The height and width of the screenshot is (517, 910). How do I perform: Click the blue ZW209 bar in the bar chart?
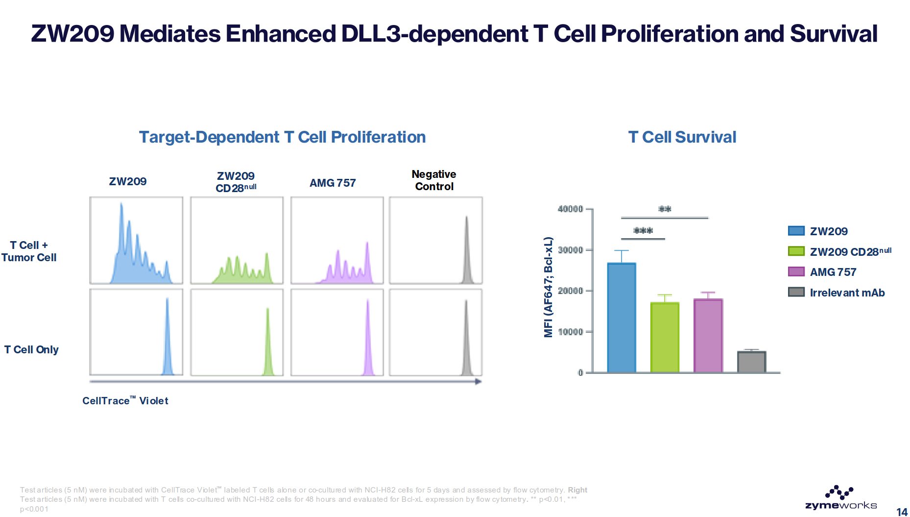click(622, 318)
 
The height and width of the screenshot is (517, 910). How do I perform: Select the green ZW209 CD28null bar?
click(665, 338)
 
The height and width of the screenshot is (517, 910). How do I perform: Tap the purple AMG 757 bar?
click(708, 336)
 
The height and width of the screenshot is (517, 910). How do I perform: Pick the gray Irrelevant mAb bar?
click(751, 362)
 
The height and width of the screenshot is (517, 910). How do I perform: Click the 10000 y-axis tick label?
click(570, 332)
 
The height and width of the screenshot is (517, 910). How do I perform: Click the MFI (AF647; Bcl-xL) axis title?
click(549, 287)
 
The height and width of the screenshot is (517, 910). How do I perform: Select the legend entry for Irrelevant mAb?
click(837, 293)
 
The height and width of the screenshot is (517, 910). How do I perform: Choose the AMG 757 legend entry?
click(822, 272)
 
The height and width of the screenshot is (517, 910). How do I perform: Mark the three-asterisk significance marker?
click(643, 230)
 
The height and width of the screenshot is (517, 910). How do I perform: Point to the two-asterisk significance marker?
click(665, 209)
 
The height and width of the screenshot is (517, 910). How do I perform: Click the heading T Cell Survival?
click(682, 137)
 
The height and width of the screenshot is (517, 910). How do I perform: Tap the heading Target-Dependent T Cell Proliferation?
click(282, 137)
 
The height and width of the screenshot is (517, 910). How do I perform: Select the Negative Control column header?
click(434, 180)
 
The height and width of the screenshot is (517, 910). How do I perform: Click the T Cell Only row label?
click(31, 349)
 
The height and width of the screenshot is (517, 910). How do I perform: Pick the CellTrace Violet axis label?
click(125, 400)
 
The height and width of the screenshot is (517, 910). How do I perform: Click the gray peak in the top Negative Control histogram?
click(467, 250)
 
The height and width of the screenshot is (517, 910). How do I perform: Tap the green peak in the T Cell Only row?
click(268, 342)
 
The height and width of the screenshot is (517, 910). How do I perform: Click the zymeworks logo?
click(841, 498)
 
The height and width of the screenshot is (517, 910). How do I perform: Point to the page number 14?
click(902, 512)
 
